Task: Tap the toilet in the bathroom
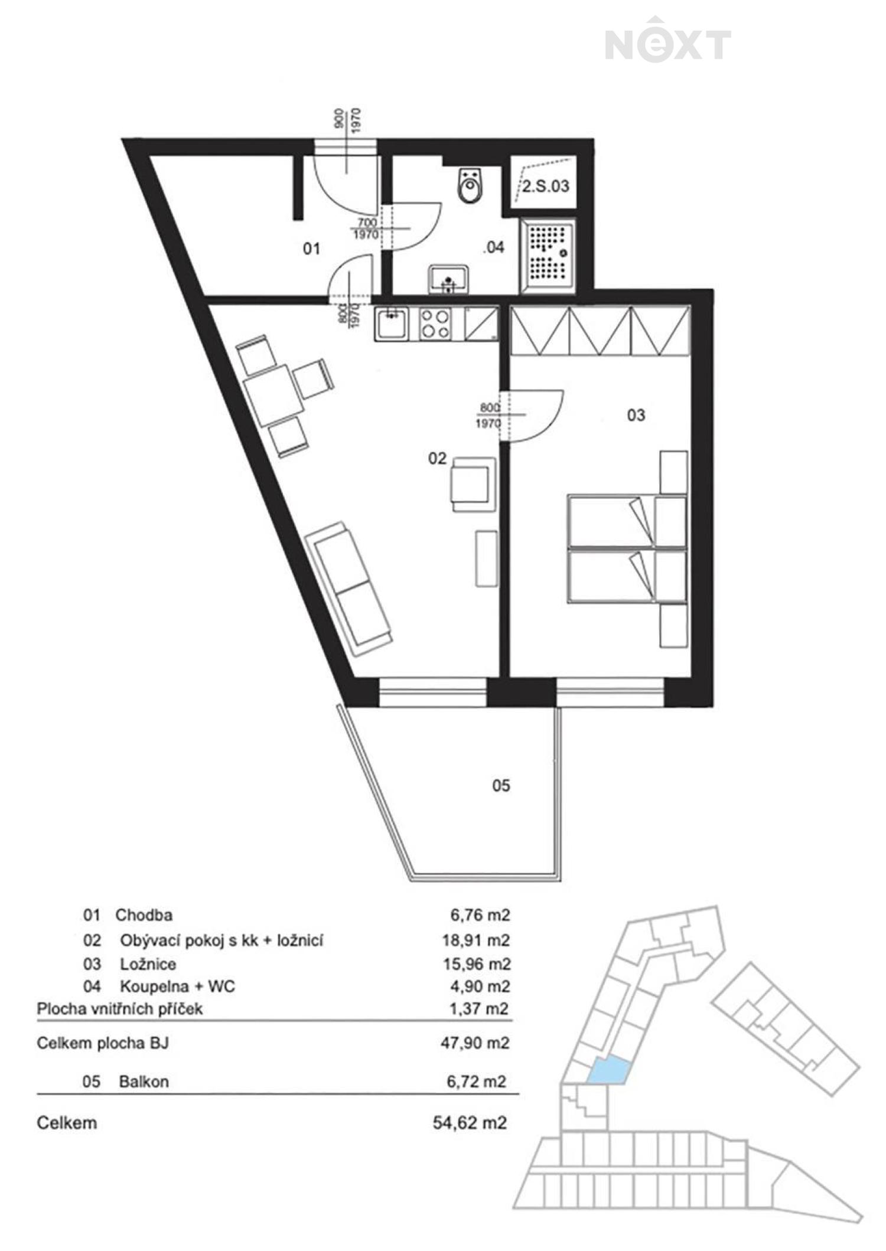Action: coord(470,185)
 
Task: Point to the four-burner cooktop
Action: coord(435,324)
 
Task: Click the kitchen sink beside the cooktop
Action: coord(391,324)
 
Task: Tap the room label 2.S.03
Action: coord(546,187)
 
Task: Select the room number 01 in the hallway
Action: coord(311,249)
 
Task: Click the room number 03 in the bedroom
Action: coord(636,415)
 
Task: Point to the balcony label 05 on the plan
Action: coord(501,785)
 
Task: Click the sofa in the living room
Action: coord(348,589)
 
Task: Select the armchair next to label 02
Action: coord(473,485)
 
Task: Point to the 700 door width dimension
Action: coord(367,223)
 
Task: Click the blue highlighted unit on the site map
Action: coord(608,1070)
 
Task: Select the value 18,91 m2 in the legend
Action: coord(476,940)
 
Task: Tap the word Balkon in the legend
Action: coord(144,1082)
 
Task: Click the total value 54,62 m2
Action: coord(470,1122)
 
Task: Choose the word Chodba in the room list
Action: coord(144,915)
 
